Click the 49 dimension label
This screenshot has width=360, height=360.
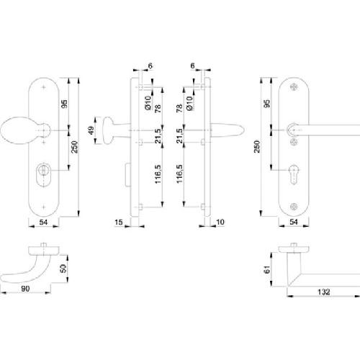coord(91,130)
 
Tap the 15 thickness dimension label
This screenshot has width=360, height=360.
coord(119,222)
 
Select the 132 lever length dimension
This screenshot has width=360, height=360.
coord(324,292)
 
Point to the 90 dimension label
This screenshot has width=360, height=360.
coord(25,289)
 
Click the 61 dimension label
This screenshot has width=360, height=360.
coord(267,269)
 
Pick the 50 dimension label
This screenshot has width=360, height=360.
coord(63,269)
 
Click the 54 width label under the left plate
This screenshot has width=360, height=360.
coord(43,222)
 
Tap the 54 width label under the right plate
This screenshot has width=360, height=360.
coord(294,222)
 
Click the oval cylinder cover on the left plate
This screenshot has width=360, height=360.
coord(43,175)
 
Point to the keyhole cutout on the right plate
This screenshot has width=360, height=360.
coord(294,174)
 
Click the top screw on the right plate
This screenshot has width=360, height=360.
coord(294,87)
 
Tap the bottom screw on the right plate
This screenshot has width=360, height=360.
coord(294,207)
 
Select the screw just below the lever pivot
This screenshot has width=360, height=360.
coord(294,142)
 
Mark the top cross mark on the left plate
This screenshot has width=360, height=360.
coord(43,87)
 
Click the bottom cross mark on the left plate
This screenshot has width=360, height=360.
coord(43,207)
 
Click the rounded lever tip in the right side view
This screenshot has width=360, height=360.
coord(240,130)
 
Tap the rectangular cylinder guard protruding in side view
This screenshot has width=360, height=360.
coord(128,175)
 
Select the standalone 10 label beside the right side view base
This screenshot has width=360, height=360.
coord(220,222)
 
